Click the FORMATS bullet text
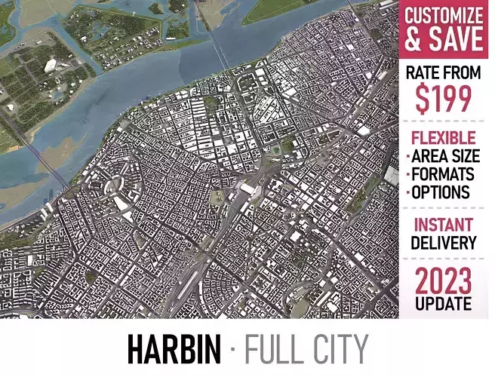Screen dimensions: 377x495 point(444,174)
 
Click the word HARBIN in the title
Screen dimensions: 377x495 point(174,349)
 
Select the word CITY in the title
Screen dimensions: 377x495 point(339,349)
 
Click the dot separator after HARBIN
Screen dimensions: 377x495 point(232,350)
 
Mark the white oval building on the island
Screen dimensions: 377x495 point(51,65)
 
